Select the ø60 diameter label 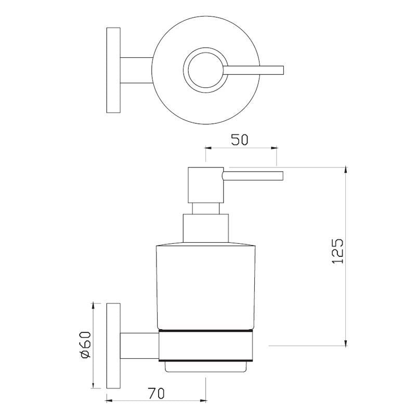(86, 345)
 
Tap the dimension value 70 (155, 394)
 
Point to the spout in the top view (255, 70)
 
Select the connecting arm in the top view (136, 70)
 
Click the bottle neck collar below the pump (205, 228)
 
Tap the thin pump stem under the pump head (205, 208)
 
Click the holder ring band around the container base (205, 346)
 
